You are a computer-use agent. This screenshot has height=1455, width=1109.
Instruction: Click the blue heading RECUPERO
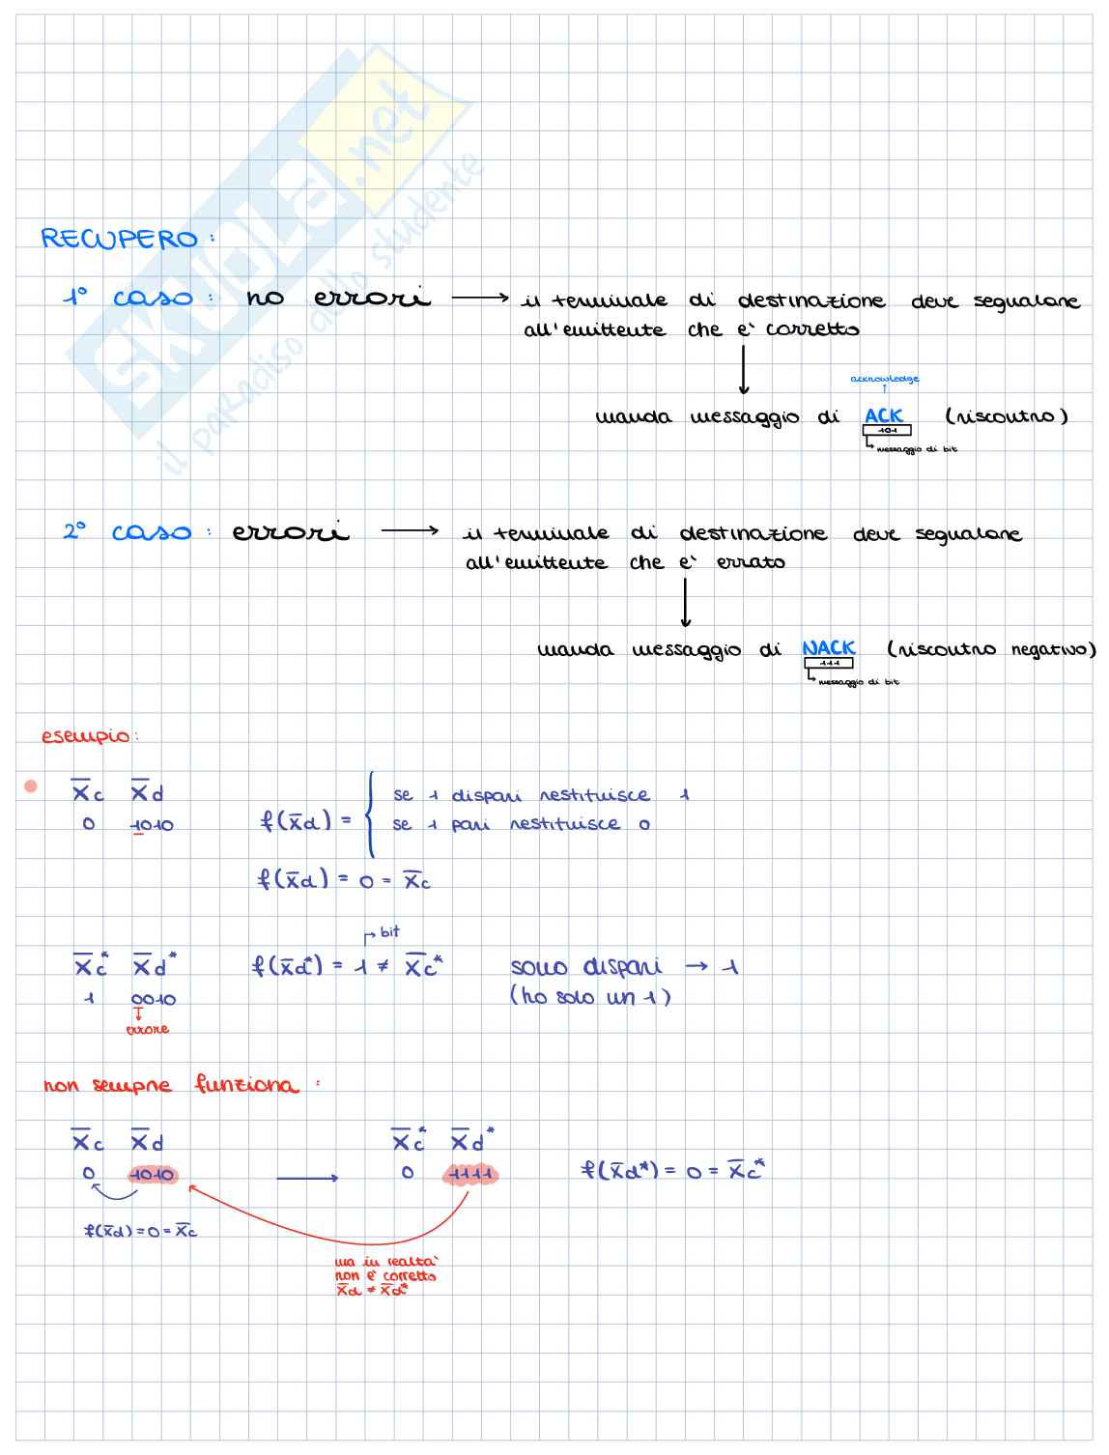[x=119, y=239]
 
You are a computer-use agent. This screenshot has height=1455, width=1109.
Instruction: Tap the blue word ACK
[x=883, y=415]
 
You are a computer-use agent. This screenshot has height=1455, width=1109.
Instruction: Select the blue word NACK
[x=828, y=648]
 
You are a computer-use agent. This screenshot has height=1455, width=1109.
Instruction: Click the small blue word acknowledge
[x=884, y=380]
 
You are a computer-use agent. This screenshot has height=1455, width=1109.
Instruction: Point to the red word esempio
[x=86, y=736]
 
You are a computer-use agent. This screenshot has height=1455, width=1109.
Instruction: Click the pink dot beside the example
[x=30, y=786]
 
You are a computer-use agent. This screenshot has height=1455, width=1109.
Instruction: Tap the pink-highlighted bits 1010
[x=152, y=1175]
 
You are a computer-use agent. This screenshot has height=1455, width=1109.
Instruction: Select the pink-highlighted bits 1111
[x=470, y=1175]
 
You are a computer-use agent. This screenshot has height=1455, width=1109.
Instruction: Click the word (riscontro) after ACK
[x=1006, y=416]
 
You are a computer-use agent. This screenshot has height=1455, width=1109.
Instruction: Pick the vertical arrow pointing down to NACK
[x=685, y=603]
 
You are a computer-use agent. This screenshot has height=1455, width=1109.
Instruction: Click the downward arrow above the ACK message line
[x=743, y=370]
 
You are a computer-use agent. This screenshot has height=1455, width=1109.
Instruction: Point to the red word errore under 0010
[x=147, y=1030]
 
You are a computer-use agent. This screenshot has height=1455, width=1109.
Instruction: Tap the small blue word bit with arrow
[x=388, y=932]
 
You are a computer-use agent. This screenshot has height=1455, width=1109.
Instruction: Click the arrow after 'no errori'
[x=480, y=298]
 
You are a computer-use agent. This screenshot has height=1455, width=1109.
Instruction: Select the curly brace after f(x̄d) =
[x=370, y=813]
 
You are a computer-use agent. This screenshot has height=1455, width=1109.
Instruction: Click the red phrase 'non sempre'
[x=107, y=1086]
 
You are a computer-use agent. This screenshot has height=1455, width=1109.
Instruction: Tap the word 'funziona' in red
[x=246, y=1085]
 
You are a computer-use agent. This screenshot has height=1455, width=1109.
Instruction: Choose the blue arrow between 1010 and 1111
[x=307, y=1178]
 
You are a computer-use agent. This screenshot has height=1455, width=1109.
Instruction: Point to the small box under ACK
[x=887, y=430]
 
